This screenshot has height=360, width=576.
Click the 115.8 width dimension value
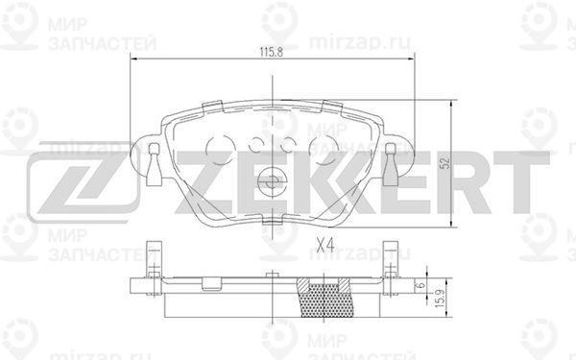(x=272, y=52)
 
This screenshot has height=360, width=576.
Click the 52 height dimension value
(x=445, y=163)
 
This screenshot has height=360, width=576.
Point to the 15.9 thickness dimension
(x=442, y=299)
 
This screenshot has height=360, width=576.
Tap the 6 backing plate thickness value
(x=421, y=284)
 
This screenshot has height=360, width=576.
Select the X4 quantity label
(x=325, y=245)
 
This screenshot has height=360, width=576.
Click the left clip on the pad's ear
(x=154, y=164)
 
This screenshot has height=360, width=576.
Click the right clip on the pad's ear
(x=391, y=164)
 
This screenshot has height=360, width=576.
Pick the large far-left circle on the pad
(x=221, y=149)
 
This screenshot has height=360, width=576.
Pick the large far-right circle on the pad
(x=324, y=149)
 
